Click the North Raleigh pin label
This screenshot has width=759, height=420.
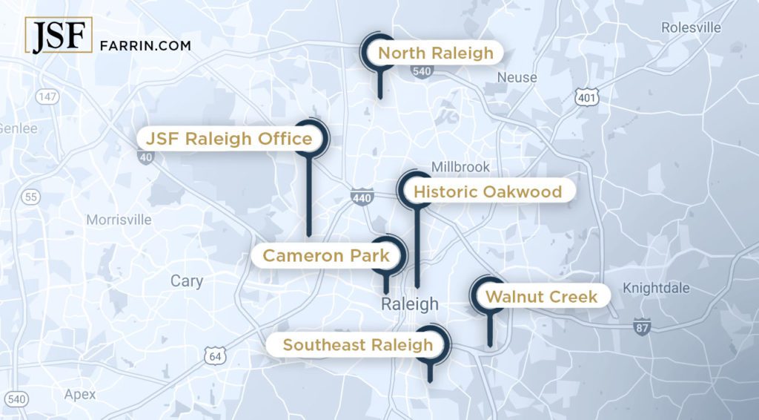435,53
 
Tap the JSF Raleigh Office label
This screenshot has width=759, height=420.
229,139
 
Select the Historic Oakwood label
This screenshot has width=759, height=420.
487,192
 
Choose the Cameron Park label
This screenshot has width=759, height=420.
326,256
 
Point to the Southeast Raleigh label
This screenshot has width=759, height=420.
357,344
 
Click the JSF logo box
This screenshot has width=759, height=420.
59,36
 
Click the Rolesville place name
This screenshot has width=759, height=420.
691,27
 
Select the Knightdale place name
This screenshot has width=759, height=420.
656,288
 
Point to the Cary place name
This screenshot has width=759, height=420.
186,281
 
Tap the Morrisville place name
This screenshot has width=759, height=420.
119,220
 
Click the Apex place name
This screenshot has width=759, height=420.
80,394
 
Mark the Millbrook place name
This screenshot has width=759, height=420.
460,168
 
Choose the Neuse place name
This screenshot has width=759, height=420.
517,77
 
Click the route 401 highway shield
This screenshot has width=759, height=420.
586,97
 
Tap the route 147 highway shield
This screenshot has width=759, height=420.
48,97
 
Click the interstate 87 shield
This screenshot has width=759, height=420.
642,326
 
